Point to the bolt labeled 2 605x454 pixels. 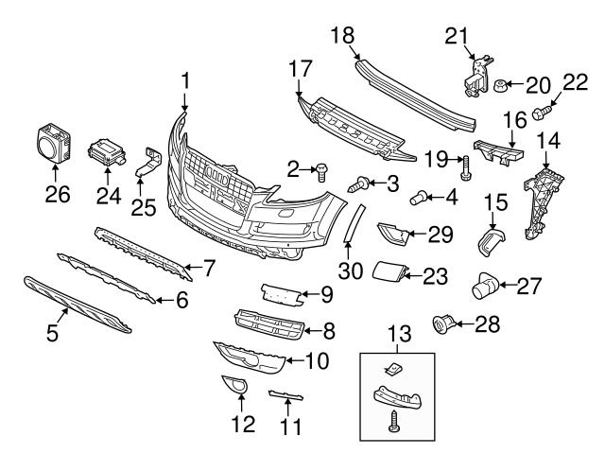tap(322, 170)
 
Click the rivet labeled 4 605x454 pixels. tap(418, 198)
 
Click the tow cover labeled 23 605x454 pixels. tap(387, 273)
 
